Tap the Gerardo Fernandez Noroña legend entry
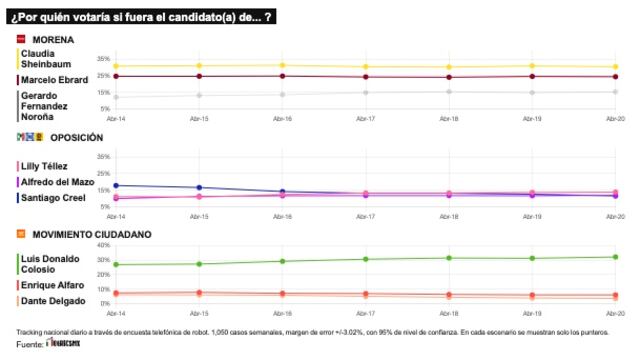point(46,104)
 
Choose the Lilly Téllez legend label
point(46,166)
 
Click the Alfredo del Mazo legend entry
point(56,182)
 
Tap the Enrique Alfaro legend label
point(51,285)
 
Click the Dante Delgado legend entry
point(50,301)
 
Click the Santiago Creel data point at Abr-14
point(116,185)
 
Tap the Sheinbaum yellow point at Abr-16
point(282,65)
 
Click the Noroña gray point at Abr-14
point(116,97)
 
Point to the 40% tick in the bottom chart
point(103,246)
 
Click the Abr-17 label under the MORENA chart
point(366,118)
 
